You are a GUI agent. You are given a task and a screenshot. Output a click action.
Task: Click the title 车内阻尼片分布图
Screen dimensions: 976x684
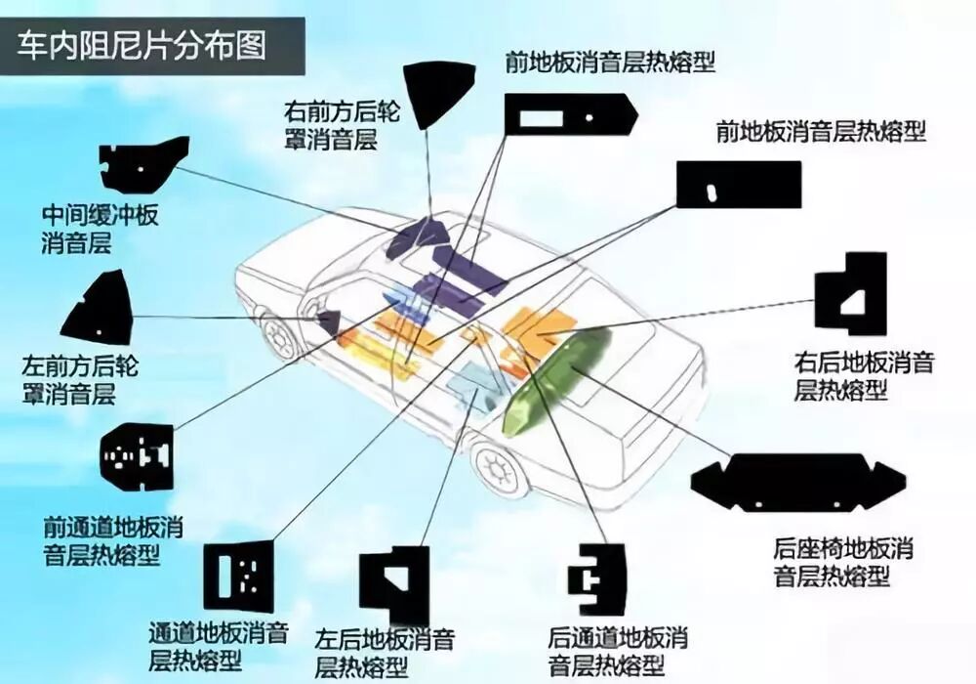click(x=142, y=46)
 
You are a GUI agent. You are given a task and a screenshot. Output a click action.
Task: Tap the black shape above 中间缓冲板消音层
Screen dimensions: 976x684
click(x=142, y=163)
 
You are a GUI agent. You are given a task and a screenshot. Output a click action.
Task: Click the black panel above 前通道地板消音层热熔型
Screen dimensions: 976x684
click(x=138, y=456)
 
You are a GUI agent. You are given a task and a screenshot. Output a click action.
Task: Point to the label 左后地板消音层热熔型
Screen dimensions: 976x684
click(x=386, y=654)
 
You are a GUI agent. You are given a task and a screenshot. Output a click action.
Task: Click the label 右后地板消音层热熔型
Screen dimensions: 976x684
click(x=864, y=376)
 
